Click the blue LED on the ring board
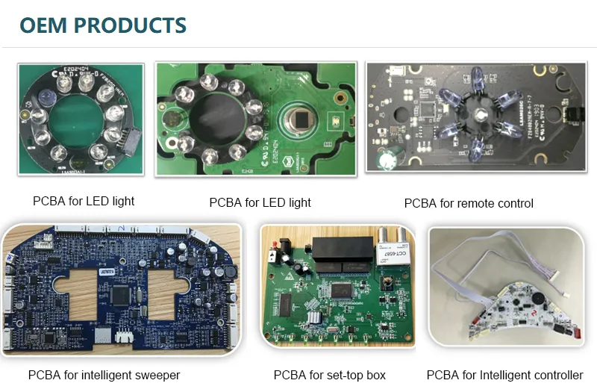[x=43, y=96]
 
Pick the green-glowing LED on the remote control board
[x=387, y=159]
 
